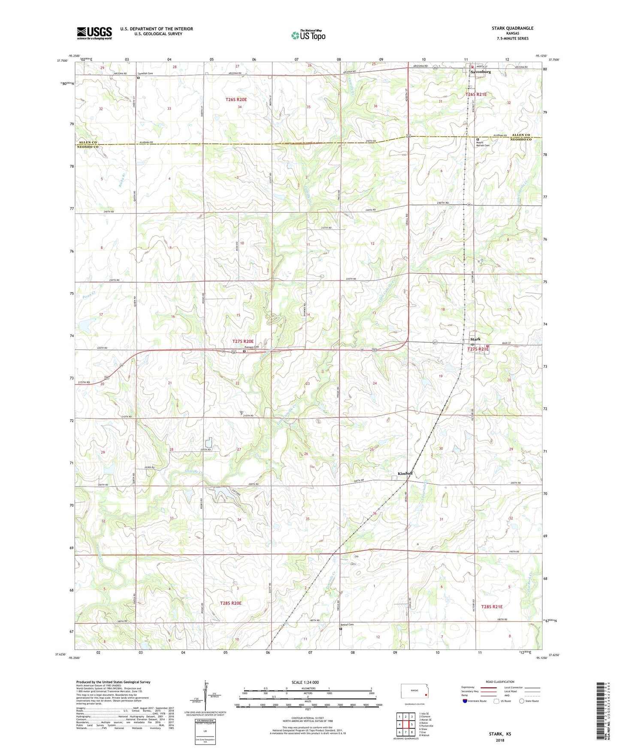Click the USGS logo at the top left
pos(94,33)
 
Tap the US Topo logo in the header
pos(308,35)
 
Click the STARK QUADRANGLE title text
pos(512,28)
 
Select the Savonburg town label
pos(481,72)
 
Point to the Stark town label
pos(475,339)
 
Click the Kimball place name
pos(405,473)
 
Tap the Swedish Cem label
pos(145,73)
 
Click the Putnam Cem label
pos(252,347)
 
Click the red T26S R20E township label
pos(236,100)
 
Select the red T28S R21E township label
pos(492,607)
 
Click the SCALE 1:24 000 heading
pos(305,683)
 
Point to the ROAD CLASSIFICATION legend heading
pos(500,682)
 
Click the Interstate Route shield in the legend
pos(466,701)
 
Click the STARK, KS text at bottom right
pos(500,734)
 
